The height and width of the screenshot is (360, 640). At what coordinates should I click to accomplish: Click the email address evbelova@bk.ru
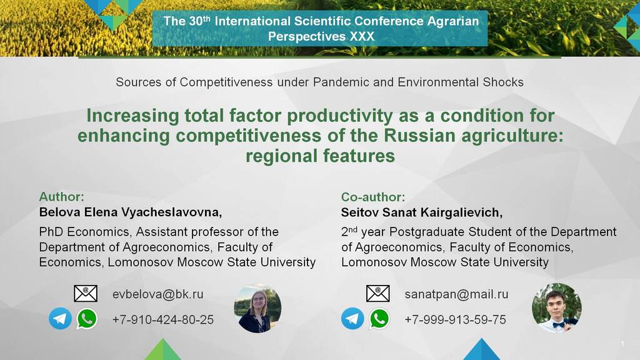(x=158, y=294)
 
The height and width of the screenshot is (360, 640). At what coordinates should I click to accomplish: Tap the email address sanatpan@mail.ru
(x=457, y=294)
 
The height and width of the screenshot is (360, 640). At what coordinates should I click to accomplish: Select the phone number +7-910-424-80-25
(x=163, y=319)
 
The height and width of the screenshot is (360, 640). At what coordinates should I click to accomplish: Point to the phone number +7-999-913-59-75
(x=455, y=319)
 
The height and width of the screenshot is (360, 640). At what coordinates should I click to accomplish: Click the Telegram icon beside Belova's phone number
(x=61, y=318)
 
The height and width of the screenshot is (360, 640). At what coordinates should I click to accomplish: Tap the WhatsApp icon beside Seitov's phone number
(x=379, y=318)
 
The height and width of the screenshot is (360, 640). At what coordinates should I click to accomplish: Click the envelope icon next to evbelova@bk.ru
(x=86, y=294)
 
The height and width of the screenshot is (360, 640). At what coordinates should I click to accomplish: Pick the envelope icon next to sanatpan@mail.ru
(x=378, y=294)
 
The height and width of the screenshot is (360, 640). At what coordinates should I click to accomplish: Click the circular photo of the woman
(x=257, y=309)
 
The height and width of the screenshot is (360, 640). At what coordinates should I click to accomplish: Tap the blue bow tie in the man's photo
(x=559, y=325)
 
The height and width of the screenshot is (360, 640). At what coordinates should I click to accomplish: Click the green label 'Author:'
(x=62, y=197)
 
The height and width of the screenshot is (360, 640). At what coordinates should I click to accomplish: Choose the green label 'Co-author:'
(x=373, y=197)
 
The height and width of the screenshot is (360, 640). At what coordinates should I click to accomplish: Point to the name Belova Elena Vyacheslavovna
(x=129, y=212)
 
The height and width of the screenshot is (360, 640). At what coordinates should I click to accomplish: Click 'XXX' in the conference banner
(x=362, y=37)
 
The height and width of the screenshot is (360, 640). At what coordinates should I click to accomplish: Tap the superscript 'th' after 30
(x=206, y=18)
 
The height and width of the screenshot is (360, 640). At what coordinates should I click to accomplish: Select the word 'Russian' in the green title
(x=419, y=136)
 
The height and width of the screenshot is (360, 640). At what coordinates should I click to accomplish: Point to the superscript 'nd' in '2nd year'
(x=352, y=230)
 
